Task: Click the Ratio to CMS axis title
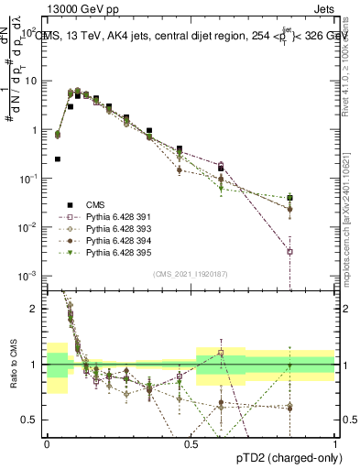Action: pos(12,365)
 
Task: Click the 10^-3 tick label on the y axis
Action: pos(28,276)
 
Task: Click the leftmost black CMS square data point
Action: pos(58,158)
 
